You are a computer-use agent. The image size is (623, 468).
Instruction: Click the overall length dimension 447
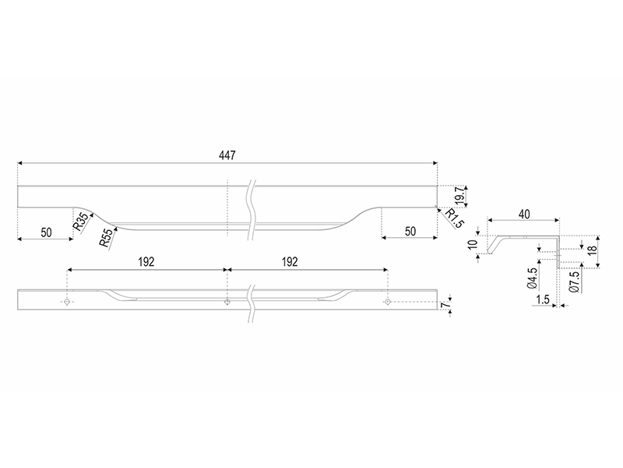pyautogui.click(x=227, y=155)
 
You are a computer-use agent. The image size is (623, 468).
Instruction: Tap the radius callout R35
pyautogui.click(x=81, y=222)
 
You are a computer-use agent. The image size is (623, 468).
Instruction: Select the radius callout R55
pyautogui.click(x=106, y=238)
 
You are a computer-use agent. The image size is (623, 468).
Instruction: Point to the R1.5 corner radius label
pyautogui.click(x=454, y=218)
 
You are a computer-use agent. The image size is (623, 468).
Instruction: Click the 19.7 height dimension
pyautogui.click(x=460, y=196)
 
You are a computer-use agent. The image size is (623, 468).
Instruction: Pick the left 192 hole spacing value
pyautogui.click(x=146, y=262)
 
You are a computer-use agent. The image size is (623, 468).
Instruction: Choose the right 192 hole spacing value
pyautogui.click(x=290, y=262)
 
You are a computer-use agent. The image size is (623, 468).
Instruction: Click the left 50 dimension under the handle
pyautogui.click(x=46, y=232)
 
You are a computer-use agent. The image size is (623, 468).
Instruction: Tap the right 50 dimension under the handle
pyautogui.click(x=410, y=231)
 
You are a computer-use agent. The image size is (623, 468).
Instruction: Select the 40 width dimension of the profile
pyautogui.click(x=524, y=214)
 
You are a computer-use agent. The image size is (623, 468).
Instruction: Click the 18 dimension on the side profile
pyautogui.click(x=592, y=250)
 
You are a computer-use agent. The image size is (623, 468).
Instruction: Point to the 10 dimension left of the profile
pyautogui.click(x=473, y=244)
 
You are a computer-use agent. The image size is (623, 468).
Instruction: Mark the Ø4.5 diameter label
pyautogui.click(x=533, y=278)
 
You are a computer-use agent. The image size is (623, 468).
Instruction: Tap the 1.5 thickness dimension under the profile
pyautogui.click(x=542, y=300)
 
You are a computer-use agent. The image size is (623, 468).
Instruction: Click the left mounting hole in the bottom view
pyautogui.click(x=67, y=303)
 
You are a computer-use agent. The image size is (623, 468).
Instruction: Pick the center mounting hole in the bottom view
pyautogui.click(x=227, y=303)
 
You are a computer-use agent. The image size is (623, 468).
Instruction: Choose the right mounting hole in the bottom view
pyautogui.click(x=387, y=303)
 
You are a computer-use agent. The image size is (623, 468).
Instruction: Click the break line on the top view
pyautogui.click(x=251, y=210)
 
